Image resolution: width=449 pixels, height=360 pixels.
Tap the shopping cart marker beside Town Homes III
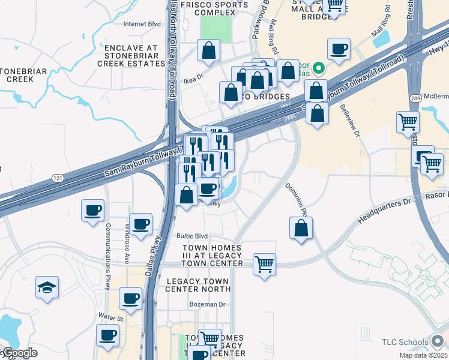(x=264, y=263)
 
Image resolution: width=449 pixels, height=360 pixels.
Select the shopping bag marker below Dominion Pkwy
(x=301, y=228)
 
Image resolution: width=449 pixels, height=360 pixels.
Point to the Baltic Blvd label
(x=191, y=236)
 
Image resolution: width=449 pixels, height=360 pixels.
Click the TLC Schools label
(x=405, y=342)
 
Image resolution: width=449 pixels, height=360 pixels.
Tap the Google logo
(x=19, y=353)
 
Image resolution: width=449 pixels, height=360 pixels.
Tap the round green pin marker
(x=319, y=68)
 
